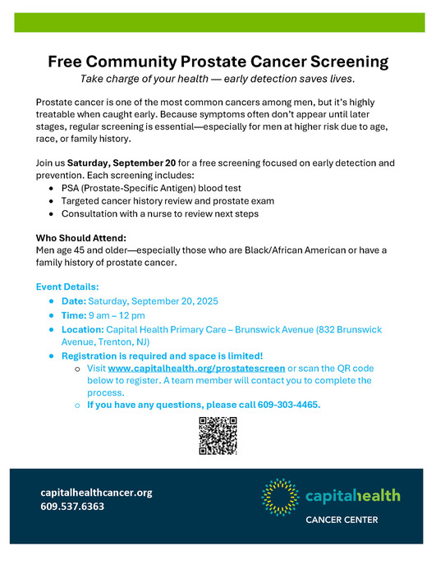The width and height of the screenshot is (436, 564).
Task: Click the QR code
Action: pos(218,436)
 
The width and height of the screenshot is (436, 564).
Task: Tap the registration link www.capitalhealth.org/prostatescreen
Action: pos(196,369)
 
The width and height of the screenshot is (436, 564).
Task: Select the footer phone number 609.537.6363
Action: pos(72,507)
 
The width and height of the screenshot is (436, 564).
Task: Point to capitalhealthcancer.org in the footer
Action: pos(96,493)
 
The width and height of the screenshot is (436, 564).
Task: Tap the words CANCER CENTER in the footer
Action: pos(342,520)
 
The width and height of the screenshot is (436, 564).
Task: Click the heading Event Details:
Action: pos(67,287)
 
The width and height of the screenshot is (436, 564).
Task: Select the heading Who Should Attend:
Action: pos(80,238)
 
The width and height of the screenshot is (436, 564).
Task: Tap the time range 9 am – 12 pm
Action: pos(117,315)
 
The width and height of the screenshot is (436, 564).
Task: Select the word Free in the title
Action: pos(67,62)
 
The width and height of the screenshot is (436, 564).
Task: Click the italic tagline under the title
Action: pos(218,79)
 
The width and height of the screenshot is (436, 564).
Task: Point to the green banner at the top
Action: pos(218,22)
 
